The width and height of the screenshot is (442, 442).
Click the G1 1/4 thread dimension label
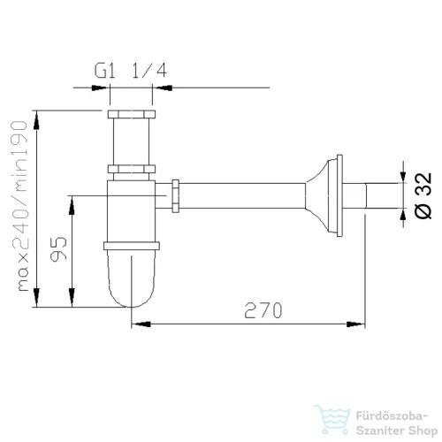(x=131, y=71)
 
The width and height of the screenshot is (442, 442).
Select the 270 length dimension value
(x=263, y=310)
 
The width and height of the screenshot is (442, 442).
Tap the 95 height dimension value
(x=58, y=249)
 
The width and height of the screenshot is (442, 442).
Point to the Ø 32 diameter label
(x=423, y=195)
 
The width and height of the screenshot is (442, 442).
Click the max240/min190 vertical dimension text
(x=19, y=206)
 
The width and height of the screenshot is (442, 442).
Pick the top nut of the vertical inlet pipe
(x=132, y=114)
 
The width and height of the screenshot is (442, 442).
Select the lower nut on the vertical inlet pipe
(x=132, y=169)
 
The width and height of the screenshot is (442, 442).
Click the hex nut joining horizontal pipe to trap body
(x=175, y=196)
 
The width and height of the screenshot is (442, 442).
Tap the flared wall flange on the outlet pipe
(x=324, y=195)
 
